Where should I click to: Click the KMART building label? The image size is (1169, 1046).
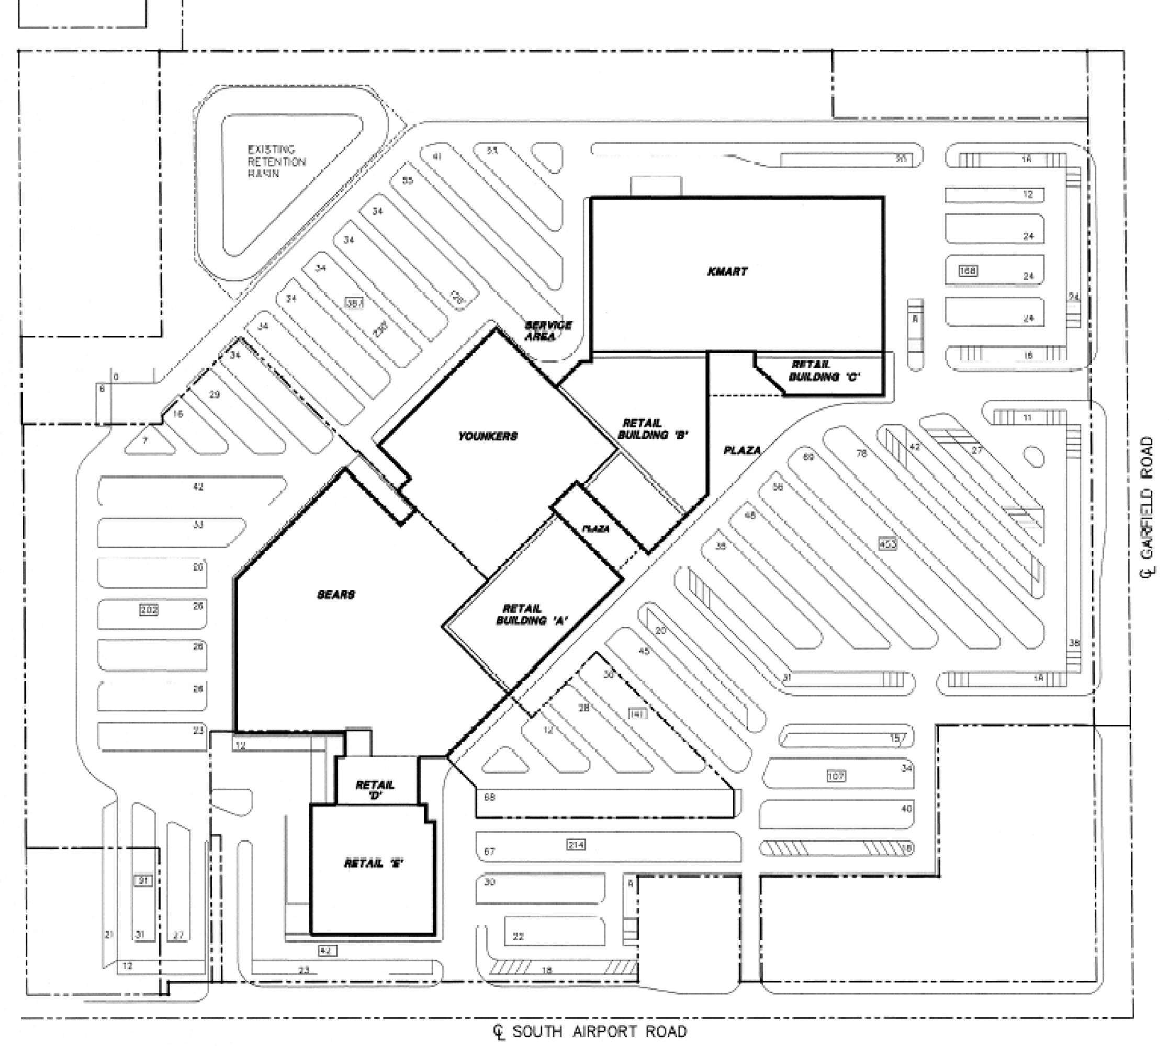(727, 271)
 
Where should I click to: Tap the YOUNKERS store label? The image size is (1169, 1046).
(488, 436)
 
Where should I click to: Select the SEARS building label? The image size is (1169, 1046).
(336, 594)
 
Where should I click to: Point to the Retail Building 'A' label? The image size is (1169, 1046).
(532, 615)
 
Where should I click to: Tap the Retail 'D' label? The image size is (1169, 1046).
(375, 790)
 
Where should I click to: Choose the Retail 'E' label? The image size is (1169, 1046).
(374, 863)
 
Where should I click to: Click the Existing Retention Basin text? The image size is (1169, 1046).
(276, 162)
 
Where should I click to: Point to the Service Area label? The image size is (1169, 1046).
(547, 331)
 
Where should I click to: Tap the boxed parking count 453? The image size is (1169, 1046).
(887, 543)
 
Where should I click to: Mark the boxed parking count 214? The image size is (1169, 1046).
(576, 844)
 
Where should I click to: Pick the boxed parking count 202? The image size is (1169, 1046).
(149, 610)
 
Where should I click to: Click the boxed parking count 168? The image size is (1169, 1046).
(968, 270)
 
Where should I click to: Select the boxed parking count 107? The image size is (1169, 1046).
(836, 777)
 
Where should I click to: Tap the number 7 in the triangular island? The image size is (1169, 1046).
(145, 441)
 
